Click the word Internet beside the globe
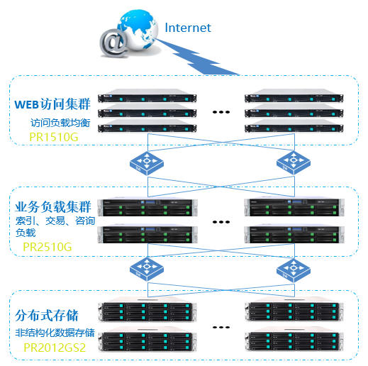click(188, 28)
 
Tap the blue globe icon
click(138, 30)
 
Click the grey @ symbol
click(114, 43)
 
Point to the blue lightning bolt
click(197, 57)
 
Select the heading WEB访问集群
click(52, 104)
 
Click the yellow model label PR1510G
click(54, 137)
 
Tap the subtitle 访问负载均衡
click(60, 123)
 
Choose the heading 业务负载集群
click(53, 207)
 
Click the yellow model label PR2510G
click(48, 247)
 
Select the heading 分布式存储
click(47, 315)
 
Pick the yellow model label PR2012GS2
click(55, 348)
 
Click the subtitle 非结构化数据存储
click(55, 333)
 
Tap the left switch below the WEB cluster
click(147, 163)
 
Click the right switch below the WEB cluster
click(294, 163)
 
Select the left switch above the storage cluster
click(147, 270)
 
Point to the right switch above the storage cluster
click(294, 271)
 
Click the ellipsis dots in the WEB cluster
click(221, 112)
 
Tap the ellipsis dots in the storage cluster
click(221, 328)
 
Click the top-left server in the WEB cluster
click(147, 96)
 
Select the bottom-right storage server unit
click(294, 339)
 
